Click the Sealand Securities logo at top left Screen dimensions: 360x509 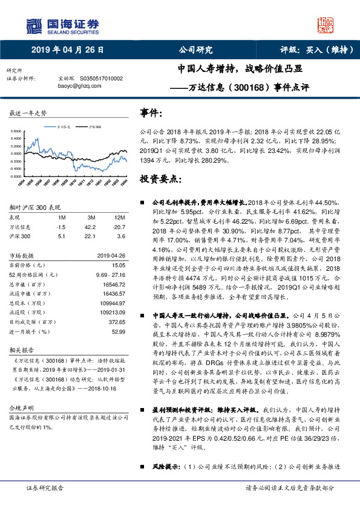pos(61,25)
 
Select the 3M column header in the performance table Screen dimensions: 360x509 pos(91,217)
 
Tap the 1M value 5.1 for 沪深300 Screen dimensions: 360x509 pos(61,236)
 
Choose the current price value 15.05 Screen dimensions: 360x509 pos(116,265)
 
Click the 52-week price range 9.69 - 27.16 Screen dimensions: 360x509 pos(109,274)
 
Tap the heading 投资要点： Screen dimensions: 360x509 pos(160,179)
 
